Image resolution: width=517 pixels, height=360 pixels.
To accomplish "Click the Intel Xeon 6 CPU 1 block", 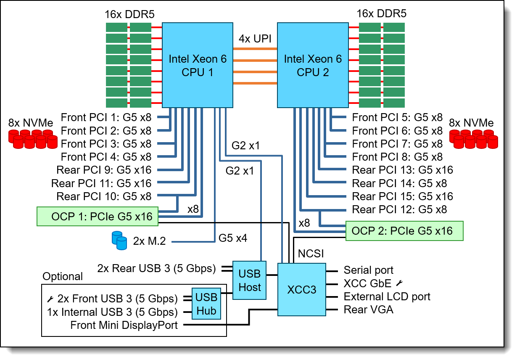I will pyautogui.click(x=197, y=65).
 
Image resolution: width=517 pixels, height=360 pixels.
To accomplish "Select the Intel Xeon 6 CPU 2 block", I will pyautogui.click(x=313, y=65).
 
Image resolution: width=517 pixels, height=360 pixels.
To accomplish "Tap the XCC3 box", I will pyautogui.click(x=302, y=289).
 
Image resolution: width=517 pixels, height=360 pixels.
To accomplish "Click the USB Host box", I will pyautogui.click(x=250, y=280).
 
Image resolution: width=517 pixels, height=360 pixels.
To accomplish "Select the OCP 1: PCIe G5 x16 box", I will pyautogui.click(x=98, y=217).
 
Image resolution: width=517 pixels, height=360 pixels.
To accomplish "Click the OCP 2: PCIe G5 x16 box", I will pyautogui.click(x=404, y=231).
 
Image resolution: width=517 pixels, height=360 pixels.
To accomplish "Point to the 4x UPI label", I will pyautogui.click(x=255, y=39).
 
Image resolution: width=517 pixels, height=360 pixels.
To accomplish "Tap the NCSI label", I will pyautogui.click(x=310, y=254).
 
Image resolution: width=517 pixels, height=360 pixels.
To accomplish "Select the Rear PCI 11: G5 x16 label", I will pyautogui.click(x=101, y=183).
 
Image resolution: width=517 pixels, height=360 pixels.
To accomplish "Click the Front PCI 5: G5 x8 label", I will pyautogui.click(x=397, y=117).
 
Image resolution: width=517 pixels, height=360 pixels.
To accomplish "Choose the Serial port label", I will pyautogui.click(x=369, y=270).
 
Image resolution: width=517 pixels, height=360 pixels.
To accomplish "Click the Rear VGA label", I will pyautogui.click(x=369, y=310).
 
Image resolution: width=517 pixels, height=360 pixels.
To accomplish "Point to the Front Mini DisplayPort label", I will pyautogui.click(x=124, y=325).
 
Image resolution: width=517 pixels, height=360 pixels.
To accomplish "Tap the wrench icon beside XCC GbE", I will pyautogui.click(x=399, y=283).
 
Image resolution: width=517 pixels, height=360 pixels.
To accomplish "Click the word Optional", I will pyautogui.click(x=63, y=276).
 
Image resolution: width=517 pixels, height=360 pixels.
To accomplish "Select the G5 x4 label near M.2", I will pyautogui.click(x=232, y=238).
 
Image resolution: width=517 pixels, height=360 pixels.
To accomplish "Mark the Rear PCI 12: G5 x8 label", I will pyautogui.click(x=399, y=209).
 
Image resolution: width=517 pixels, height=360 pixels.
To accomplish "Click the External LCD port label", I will pyautogui.click(x=387, y=296).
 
